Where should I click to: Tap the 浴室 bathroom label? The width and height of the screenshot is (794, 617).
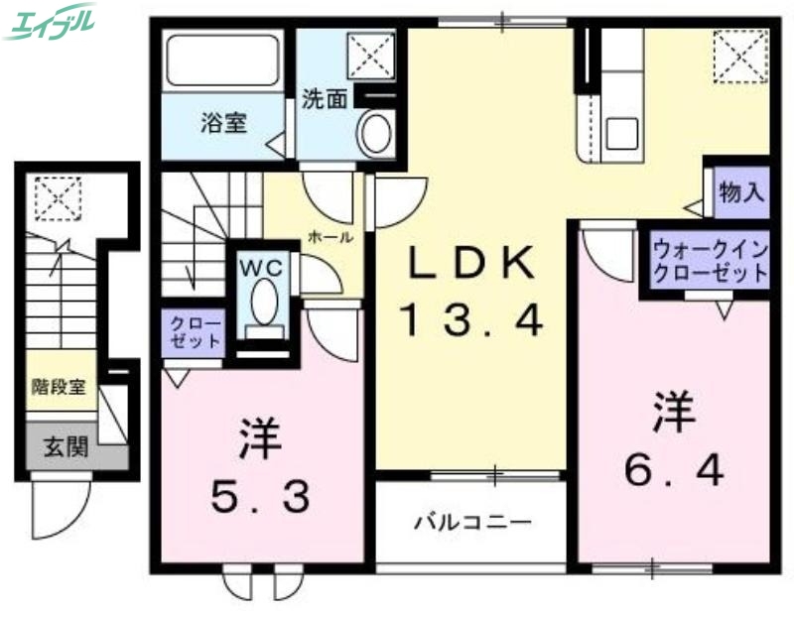point(223,124)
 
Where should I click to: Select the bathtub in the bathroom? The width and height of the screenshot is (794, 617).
point(222,61)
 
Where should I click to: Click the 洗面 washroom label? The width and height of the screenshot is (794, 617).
point(324,100)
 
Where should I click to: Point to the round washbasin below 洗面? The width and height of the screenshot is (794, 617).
point(376,133)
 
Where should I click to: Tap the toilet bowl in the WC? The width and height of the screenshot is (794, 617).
point(263,302)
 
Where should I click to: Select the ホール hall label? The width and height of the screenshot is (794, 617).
point(331,238)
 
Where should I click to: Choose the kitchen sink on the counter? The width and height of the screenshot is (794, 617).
point(624,130)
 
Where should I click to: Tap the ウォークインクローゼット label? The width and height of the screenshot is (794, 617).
point(710,261)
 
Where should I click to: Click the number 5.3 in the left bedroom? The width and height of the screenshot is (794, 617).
point(261,490)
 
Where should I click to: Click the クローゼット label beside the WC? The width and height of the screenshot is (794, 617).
point(193,333)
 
